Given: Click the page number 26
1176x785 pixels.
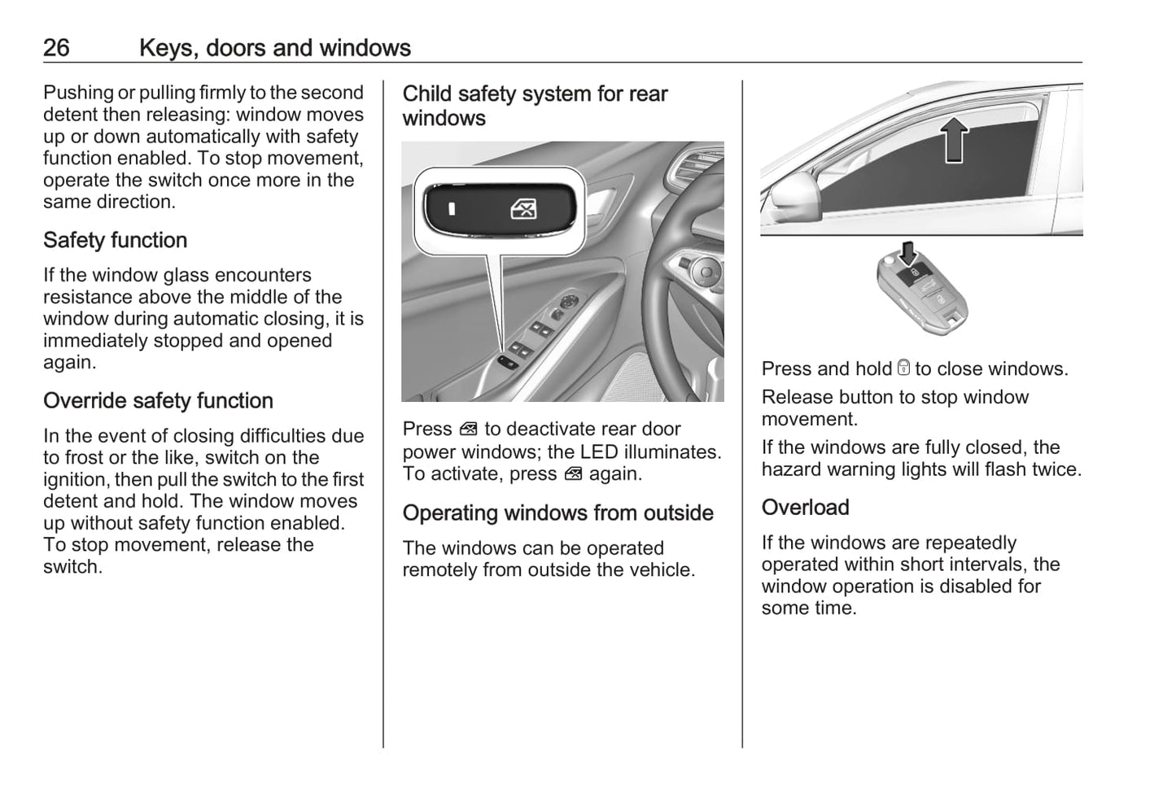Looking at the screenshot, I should click(56, 48).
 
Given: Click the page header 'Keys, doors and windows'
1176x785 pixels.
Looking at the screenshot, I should click(274, 48).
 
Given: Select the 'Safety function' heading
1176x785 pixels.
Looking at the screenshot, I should click(115, 241).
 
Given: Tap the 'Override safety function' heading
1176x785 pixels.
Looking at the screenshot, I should click(158, 401).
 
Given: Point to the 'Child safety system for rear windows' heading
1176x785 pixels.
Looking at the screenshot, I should click(535, 106).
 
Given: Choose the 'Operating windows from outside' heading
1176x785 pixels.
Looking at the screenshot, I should click(557, 513).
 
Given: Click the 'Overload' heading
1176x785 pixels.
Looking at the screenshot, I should click(805, 508).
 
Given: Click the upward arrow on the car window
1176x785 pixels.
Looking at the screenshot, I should click(955, 139).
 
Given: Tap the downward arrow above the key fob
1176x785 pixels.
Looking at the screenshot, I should click(909, 252).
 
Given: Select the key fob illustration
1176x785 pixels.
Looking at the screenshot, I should click(925, 294).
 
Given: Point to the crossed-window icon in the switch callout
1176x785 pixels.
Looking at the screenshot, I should click(523, 210).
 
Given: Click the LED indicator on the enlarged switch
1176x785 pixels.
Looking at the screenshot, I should click(452, 209).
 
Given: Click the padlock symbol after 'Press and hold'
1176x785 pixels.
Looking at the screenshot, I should click(903, 369).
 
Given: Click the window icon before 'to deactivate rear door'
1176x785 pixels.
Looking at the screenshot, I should click(468, 430).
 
